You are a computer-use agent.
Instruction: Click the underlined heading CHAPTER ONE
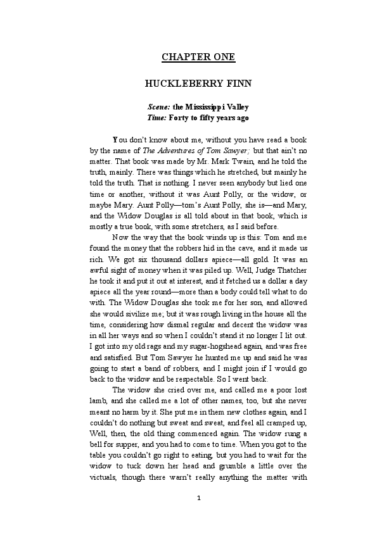click(198, 57)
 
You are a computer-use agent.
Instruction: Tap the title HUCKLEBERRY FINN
click(198, 83)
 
